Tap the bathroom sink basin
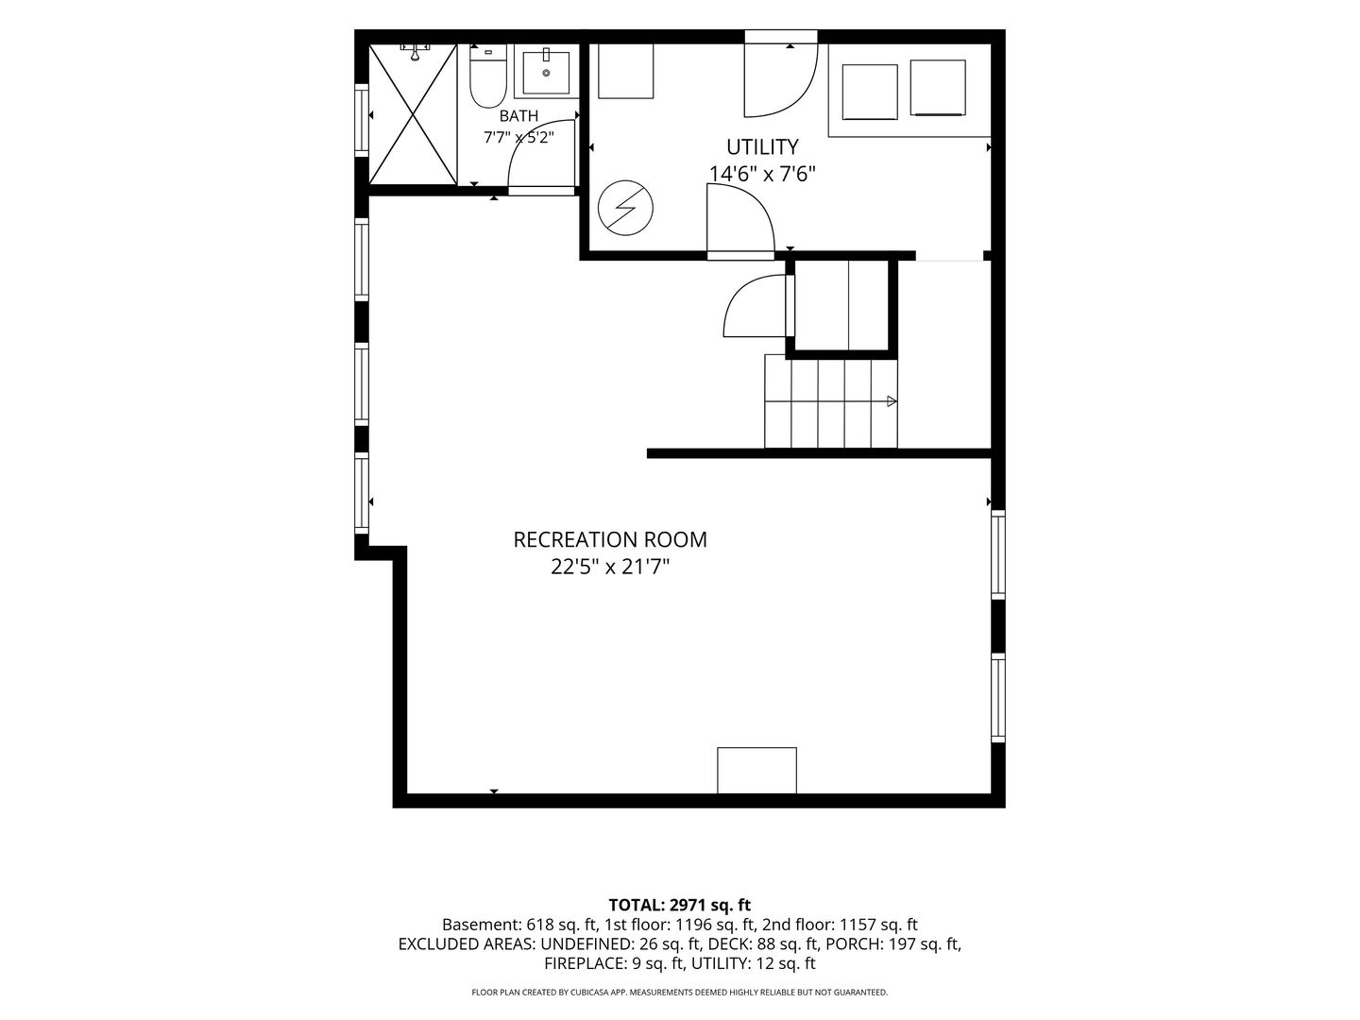click(546, 73)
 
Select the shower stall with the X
click(413, 114)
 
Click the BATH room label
click(518, 116)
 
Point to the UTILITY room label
click(762, 147)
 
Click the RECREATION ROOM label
click(610, 540)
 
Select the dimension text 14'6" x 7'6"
click(762, 174)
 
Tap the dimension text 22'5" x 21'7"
click(610, 567)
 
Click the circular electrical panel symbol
click(625, 208)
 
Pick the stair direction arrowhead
click(892, 401)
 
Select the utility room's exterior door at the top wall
click(781, 75)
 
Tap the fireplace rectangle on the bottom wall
click(756, 770)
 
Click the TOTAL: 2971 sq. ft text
click(680, 906)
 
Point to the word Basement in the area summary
click(480, 925)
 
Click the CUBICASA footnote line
click(680, 992)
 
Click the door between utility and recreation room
click(741, 222)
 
